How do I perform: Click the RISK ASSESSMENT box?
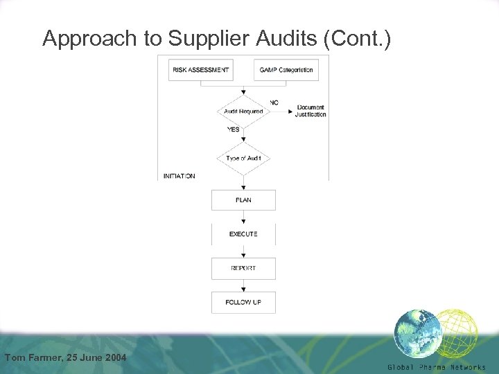[x=200, y=70]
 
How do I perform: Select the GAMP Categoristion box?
[x=286, y=70]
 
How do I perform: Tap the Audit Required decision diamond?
[x=243, y=112]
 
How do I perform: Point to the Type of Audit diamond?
[x=243, y=158]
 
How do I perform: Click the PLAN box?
[x=243, y=200]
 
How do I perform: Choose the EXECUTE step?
[x=243, y=234]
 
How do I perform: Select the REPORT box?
[x=243, y=268]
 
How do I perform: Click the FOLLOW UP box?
[x=243, y=302]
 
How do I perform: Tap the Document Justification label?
[x=310, y=111]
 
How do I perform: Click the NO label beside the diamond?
[x=274, y=103]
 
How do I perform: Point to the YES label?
[x=234, y=130]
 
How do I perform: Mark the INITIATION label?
[x=180, y=176]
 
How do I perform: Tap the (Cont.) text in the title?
[x=357, y=39]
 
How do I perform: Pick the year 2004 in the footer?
[x=113, y=357]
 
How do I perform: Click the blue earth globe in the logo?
[x=417, y=332]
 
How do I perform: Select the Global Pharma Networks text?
[x=437, y=367]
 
